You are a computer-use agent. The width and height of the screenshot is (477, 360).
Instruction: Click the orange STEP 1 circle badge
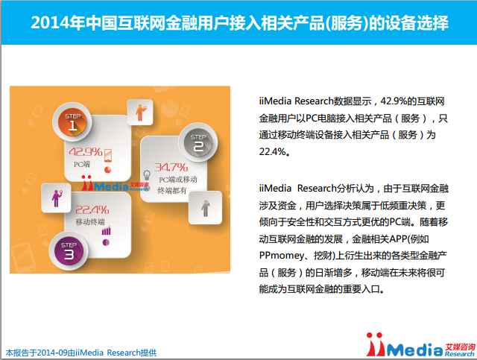(72, 122)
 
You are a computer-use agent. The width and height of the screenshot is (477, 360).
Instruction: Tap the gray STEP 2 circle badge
(198, 142)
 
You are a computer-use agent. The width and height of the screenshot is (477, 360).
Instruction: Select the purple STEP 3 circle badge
(69, 251)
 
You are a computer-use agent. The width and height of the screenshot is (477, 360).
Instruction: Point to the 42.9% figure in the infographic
(86, 152)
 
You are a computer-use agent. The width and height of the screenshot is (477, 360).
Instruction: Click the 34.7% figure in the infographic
(171, 167)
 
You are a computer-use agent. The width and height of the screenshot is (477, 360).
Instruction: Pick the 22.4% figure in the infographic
(92, 209)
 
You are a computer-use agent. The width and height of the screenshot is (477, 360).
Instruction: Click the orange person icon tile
(140, 112)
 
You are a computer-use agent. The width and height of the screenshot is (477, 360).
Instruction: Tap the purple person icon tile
(56, 198)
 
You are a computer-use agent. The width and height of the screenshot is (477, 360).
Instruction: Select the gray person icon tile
(206, 208)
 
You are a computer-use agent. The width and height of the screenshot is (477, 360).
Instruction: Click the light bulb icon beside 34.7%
(147, 176)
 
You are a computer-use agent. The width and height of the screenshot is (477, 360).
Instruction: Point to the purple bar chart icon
(106, 231)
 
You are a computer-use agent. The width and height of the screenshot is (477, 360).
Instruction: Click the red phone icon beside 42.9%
(108, 156)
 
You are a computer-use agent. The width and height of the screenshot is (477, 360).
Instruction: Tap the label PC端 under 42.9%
(82, 164)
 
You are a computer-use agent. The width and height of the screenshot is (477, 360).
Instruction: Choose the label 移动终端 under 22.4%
(90, 222)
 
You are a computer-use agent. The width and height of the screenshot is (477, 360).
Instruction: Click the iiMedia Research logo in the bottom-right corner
(420, 345)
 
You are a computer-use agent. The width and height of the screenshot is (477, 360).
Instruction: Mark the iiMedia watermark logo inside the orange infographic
(115, 183)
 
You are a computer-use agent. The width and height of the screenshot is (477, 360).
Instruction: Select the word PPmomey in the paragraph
(282, 256)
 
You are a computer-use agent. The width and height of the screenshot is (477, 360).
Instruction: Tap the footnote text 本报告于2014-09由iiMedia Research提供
(81, 353)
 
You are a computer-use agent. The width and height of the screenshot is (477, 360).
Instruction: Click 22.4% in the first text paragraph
(273, 151)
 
